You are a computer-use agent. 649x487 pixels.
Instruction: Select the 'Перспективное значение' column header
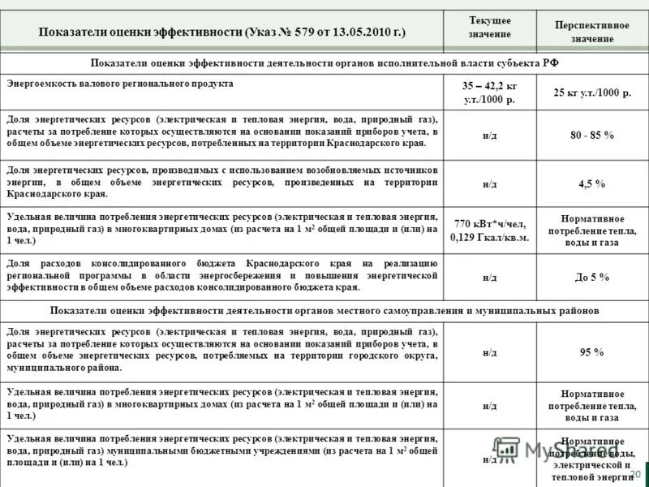[x=591, y=32]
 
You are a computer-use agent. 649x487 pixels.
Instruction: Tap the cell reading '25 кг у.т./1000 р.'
[x=591, y=93]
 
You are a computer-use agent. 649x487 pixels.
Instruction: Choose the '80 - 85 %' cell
[x=591, y=134]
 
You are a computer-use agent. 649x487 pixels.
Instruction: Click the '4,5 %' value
[x=591, y=184]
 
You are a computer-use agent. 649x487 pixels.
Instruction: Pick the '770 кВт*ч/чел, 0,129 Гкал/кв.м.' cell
[x=489, y=231]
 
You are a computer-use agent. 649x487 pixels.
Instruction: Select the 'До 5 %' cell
[x=591, y=277]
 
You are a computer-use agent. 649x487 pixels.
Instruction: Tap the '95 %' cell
[x=591, y=351]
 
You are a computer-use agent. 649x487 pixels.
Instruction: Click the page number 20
[x=634, y=474]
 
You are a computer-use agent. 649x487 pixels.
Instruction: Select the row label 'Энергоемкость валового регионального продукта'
[x=120, y=84]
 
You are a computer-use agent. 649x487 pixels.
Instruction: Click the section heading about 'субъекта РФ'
[x=324, y=62]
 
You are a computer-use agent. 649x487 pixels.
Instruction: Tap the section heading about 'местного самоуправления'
[x=324, y=311]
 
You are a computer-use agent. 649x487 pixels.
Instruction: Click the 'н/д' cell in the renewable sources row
[x=489, y=184]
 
